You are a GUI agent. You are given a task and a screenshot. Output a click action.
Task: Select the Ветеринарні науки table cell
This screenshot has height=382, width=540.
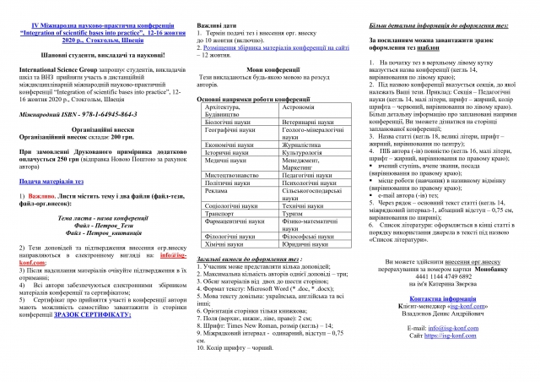pos(305,123)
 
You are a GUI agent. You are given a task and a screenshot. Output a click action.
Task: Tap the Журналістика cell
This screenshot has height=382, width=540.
pos(303,145)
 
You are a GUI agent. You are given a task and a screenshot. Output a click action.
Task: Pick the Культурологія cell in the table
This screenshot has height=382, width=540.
pos(305,151)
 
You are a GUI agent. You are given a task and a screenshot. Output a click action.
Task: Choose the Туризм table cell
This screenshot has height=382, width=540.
pos(294,239)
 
